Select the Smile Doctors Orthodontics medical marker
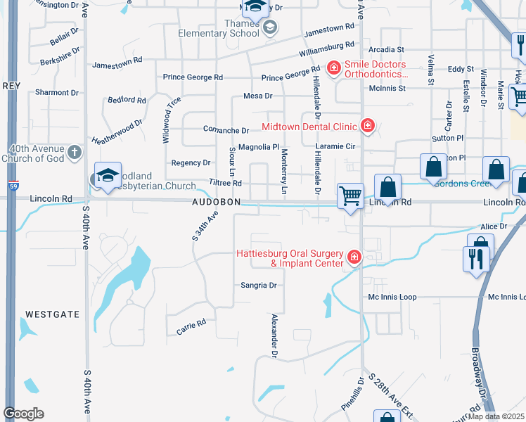click(x=334, y=69)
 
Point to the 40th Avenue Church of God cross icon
click(x=76, y=151)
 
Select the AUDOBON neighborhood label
click(x=217, y=202)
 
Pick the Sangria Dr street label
click(x=259, y=286)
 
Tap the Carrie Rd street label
click(x=191, y=326)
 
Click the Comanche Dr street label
click(x=226, y=130)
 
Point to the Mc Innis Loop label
click(x=392, y=297)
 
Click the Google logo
click(x=23, y=414)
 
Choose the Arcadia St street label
click(x=391, y=50)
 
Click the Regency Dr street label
click(x=191, y=162)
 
